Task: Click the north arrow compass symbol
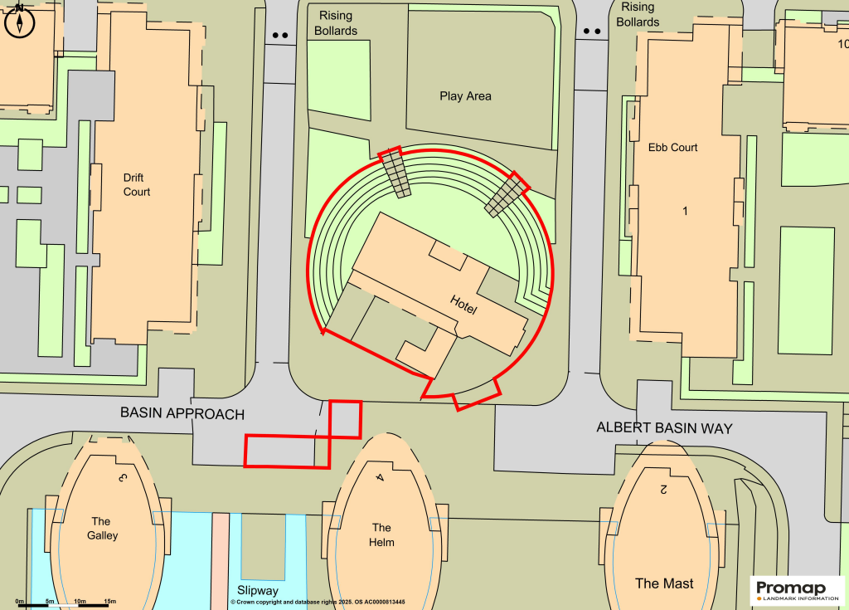18,22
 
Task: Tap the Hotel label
463,305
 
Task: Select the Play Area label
465,96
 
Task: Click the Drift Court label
137,184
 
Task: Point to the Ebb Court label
672,148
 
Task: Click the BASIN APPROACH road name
182,413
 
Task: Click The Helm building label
381,534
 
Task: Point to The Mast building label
664,583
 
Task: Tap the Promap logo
797,589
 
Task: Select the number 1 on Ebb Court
685,212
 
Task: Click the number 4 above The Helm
379,477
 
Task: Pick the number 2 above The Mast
663,489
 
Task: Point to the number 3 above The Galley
122,478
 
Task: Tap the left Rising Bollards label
336,23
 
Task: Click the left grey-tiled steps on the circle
395,173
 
